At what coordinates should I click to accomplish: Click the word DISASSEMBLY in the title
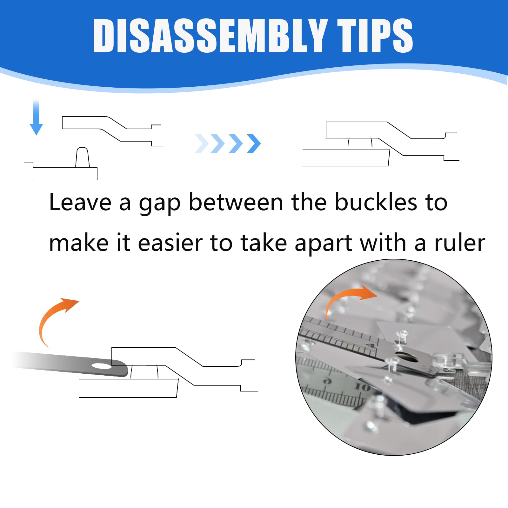211,35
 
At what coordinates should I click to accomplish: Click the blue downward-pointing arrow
36,117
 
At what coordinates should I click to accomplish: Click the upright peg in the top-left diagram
83,157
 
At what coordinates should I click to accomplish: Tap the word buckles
376,202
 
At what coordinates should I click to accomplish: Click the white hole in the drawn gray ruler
102,366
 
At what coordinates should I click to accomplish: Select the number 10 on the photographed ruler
363,387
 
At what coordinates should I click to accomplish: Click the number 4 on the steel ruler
370,345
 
